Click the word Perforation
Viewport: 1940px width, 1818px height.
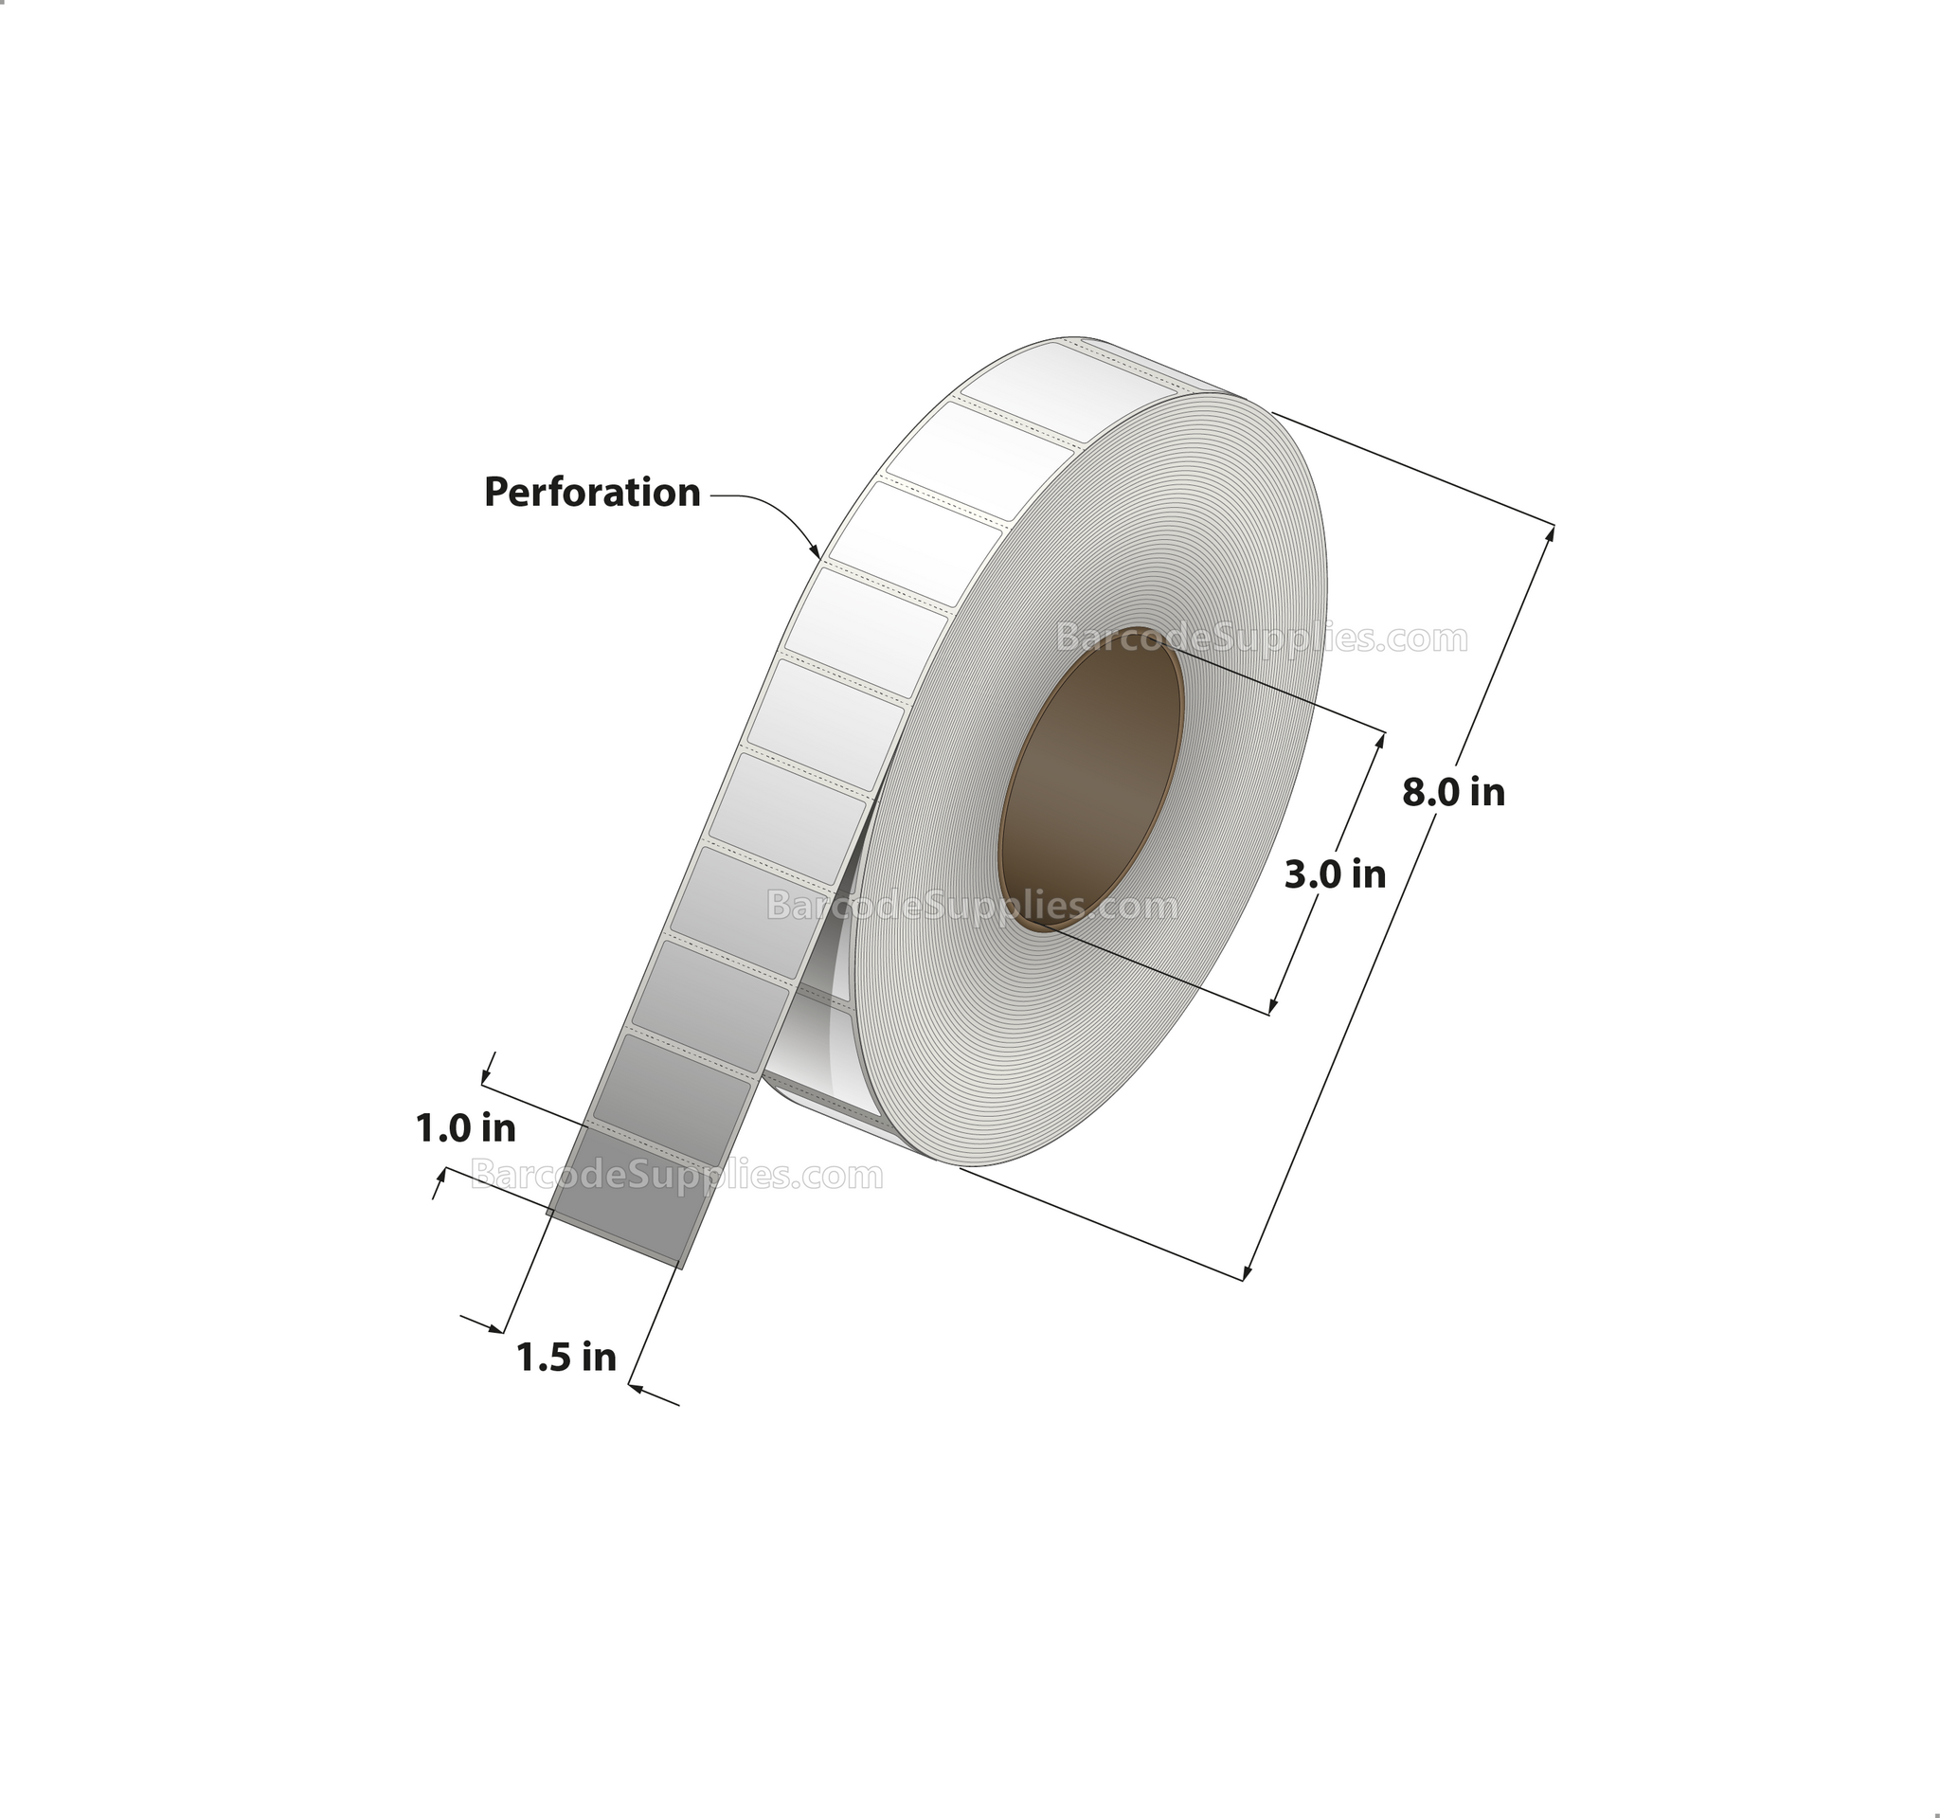point(592,493)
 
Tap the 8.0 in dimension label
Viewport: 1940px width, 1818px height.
point(1453,792)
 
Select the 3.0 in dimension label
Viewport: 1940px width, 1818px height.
point(1334,874)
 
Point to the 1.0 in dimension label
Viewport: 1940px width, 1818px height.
point(465,1129)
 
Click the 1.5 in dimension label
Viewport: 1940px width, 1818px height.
point(566,1358)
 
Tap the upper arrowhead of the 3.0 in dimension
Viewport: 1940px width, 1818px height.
point(1381,739)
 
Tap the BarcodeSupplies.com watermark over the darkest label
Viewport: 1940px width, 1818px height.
point(676,1175)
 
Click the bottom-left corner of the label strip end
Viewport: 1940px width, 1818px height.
point(548,1213)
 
